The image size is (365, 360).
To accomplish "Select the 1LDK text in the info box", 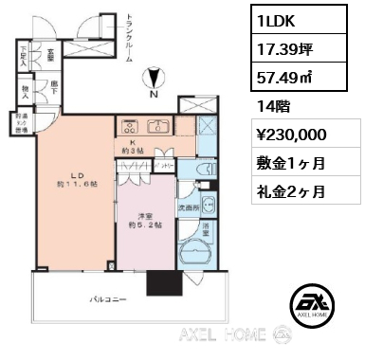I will (x=283, y=17).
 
